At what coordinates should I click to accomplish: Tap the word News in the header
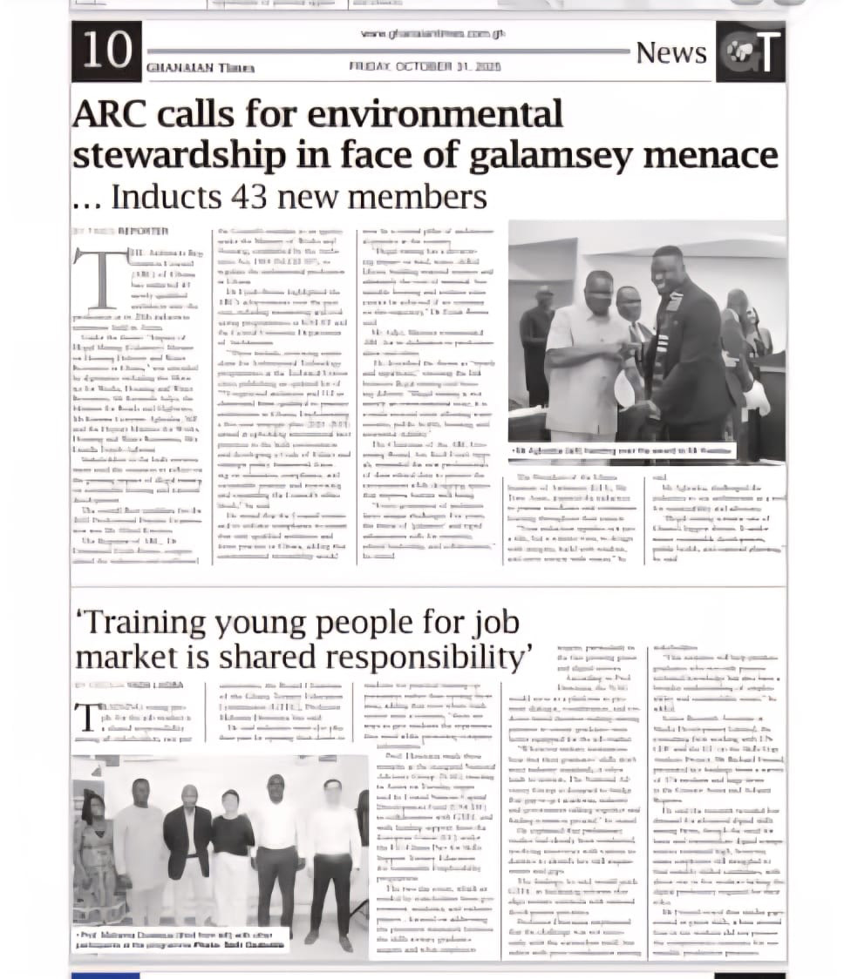pos(670,52)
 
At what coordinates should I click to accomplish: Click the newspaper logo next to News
pos(750,52)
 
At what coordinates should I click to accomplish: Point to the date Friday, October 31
pos(425,66)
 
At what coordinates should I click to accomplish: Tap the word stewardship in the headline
pos(179,155)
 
